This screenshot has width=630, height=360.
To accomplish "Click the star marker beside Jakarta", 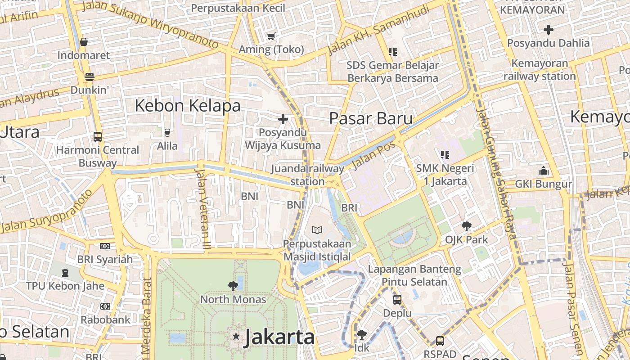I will [x=235, y=336].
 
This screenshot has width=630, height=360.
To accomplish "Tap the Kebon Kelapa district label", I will [x=188, y=106].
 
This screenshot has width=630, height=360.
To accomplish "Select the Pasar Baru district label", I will [x=371, y=118].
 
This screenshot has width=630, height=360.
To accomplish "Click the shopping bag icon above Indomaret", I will [x=83, y=42].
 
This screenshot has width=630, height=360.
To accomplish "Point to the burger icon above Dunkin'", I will [x=90, y=76].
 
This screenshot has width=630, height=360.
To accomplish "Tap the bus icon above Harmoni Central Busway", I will [x=97, y=136].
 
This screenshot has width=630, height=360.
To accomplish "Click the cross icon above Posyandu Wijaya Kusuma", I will [x=283, y=119].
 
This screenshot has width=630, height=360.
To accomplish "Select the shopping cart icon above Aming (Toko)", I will [x=271, y=36].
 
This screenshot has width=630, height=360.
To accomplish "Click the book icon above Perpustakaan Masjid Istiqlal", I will [x=317, y=230].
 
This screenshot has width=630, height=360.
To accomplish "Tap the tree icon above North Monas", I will [x=233, y=286].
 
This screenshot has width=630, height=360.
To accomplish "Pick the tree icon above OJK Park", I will [x=466, y=226].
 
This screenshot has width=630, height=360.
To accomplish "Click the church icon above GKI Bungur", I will [x=544, y=171].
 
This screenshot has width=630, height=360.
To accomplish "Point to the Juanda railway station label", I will [x=308, y=175].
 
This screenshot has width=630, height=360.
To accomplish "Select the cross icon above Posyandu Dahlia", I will [x=548, y=30].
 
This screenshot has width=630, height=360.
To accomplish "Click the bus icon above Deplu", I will [x=397, y=299].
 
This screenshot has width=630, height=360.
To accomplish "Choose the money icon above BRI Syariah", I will [x=105, y=246].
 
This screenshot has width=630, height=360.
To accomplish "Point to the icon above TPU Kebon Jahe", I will [x=65, y=272].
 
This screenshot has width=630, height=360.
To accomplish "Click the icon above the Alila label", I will [x=167, y=132].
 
